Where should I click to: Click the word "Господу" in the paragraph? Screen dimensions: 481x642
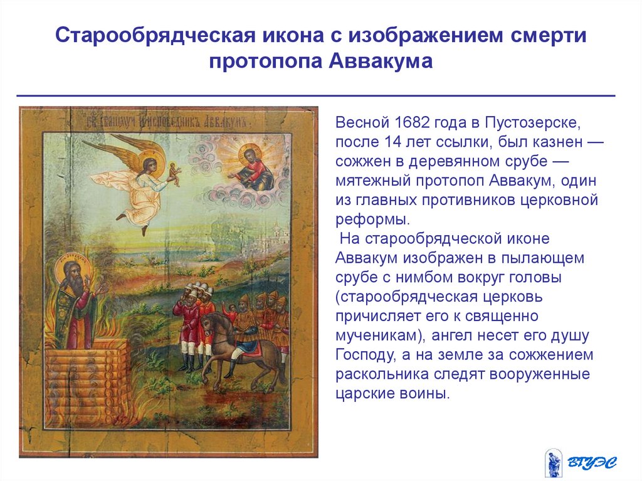tap(364, 355)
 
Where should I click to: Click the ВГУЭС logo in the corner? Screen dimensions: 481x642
tap(581, 462)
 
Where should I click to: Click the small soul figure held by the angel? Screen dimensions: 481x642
tap(174, 173)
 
